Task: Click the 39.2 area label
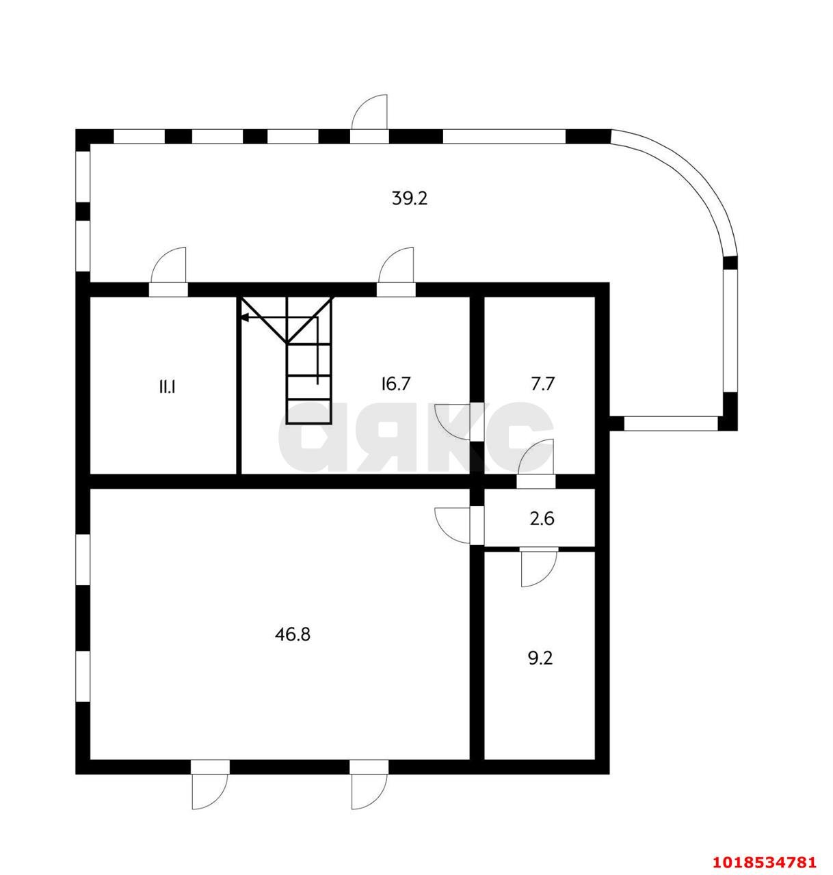coord(410,198)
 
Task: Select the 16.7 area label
coord(395,383)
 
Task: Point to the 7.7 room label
coord(542,383)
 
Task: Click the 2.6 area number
coord(542,518)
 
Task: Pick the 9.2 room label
coord(540,658)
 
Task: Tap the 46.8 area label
coord(292,634)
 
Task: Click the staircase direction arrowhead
coord(245,317)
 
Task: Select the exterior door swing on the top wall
coord(369,112)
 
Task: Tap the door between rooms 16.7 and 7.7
coord(453,421)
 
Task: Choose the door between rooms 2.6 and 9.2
coord(538,569)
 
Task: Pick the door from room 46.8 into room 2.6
coord(453,525)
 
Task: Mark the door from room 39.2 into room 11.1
coord(168,265)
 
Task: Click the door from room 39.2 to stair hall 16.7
coord(396,265)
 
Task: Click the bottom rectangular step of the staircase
coord(309,412)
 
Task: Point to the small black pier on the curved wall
coord(730,262)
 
